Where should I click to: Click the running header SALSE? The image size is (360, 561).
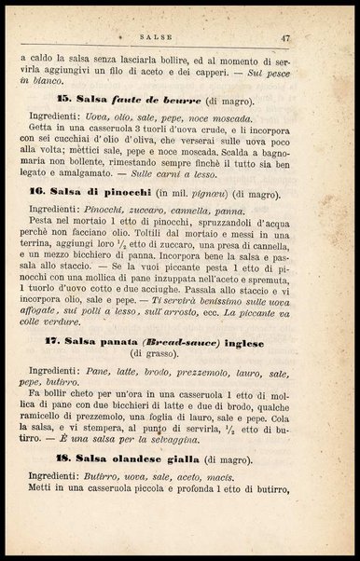[x=178, y=37]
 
